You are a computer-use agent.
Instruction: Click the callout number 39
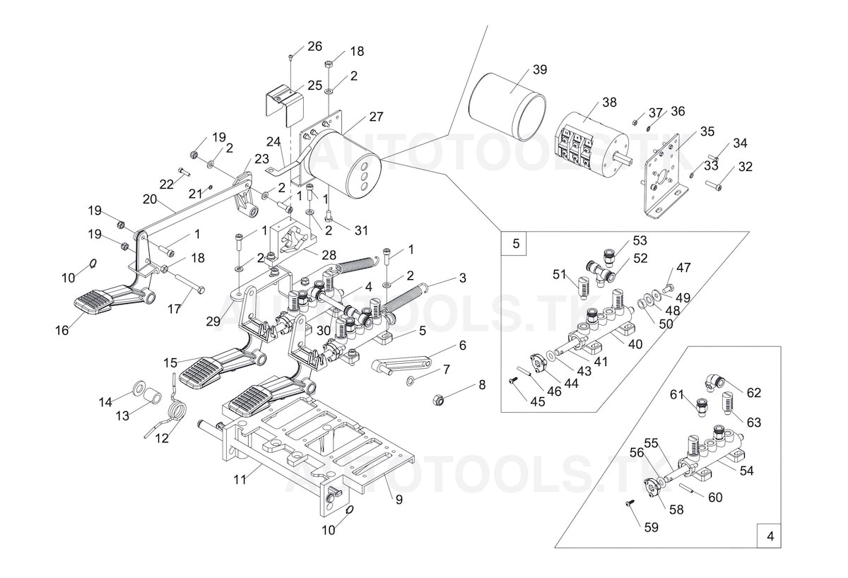(540, 70)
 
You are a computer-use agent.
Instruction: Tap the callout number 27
(376, 117)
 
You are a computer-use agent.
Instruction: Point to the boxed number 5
(515, 244)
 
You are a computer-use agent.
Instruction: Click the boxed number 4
(770, 536)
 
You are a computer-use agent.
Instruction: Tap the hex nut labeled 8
(438, 399)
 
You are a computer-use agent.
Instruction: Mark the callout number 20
(149, 199)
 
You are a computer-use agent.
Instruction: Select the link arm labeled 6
(401, 365)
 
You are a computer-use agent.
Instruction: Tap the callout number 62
(754, 392)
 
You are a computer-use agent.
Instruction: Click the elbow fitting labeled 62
(712, 383)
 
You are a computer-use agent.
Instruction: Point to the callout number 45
(538, 401)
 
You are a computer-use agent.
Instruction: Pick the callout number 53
(640, 240)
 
